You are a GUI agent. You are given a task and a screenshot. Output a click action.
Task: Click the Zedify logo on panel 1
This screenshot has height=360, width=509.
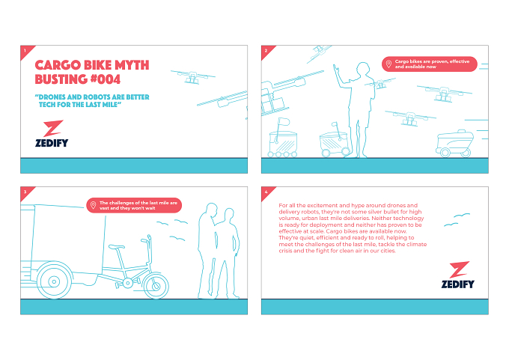[x=52, y=133]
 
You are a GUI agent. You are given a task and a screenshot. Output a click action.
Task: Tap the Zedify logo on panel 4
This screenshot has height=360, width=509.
[x=458, y=275]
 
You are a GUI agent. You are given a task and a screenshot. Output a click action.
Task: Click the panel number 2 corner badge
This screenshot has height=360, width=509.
[x=266, y=51]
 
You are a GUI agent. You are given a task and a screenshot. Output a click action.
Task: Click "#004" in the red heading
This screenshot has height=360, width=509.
[x=106, y=79]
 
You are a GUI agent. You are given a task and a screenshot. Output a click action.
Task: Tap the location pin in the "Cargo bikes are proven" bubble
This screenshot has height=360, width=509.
[x=388, y=64]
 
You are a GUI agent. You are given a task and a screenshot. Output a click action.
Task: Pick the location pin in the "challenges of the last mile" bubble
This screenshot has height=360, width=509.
[x=93, y=205]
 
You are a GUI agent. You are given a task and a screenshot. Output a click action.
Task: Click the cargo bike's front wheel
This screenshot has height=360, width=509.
[x=156, y=286]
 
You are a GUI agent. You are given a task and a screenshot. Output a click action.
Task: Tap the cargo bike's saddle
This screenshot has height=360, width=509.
[x=117, y=247]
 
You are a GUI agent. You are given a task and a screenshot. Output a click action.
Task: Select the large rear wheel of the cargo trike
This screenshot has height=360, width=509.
[x=54, y=281]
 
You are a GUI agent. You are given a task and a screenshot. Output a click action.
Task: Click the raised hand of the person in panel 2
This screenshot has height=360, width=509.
[x=336, y=69]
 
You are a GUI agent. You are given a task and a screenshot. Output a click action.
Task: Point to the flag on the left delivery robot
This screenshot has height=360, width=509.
[x=284, y=122]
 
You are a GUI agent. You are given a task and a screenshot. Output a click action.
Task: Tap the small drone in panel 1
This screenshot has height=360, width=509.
[x=193, y=77]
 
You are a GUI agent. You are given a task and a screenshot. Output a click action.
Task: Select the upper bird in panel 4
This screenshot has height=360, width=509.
[x=462, y=215]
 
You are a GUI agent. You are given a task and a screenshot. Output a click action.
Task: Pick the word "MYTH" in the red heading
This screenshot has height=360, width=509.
[x=132, y=65]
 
